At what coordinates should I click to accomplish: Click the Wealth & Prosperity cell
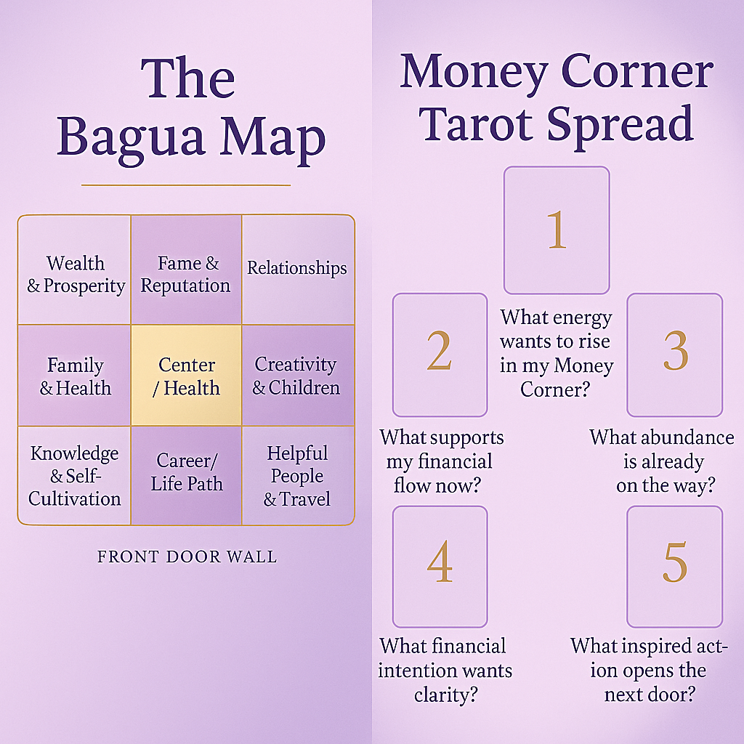75,270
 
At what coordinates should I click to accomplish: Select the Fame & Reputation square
186,270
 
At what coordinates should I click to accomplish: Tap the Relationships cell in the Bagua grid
297,270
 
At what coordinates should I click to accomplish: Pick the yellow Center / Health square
186,375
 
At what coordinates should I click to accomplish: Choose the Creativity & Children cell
297,375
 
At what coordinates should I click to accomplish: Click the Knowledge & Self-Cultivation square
75,475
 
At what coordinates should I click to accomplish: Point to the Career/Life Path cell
186,475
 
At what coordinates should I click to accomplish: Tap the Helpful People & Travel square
297,475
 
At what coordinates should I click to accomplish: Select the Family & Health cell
75,375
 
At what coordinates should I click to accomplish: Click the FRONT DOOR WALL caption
187,557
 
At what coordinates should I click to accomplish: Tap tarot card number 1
557,230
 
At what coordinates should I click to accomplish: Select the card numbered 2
440,355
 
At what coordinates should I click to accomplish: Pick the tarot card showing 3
674,355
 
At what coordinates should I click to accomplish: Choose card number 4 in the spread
440,567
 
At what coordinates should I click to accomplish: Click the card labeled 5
674,567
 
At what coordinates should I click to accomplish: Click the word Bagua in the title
139,138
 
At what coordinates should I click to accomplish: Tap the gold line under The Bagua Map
186,185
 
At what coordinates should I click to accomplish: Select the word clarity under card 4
445,694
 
